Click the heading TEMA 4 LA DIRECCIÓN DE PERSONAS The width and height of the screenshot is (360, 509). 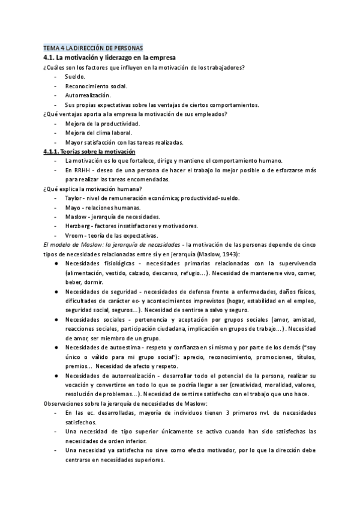point(93,47)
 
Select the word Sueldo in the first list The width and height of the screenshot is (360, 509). point(75,76)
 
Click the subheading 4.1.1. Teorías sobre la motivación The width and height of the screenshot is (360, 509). point(90,152)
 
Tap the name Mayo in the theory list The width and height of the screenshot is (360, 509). point(73,207)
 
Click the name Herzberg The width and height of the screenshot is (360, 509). point(78,226)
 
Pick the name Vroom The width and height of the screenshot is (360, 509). point(74,235)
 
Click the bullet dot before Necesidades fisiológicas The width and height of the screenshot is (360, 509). point(56,264)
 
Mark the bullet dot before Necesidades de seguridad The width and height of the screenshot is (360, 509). point(56,292)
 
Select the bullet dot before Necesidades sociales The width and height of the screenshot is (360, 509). point(56,321)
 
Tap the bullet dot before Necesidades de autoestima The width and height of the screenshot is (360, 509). point(56,349)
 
